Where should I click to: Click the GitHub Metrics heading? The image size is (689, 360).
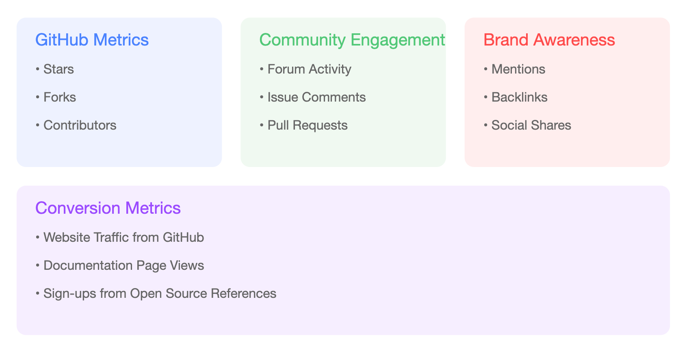click(x=92, y=40)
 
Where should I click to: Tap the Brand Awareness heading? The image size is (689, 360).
click(x=549, y=40)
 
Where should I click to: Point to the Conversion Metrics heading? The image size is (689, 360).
click(x=108, y=208)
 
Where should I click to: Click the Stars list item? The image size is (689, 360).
click(x=58, y=69)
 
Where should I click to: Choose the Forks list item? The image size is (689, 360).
click(x=60, y=97)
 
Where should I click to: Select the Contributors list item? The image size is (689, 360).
click(x=80, y=125)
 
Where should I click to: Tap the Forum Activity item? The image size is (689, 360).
click(x=310, y=69)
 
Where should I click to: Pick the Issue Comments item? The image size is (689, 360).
click(x=317, y=97)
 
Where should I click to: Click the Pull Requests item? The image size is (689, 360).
click(x=308, y=126)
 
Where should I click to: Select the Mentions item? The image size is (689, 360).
click(x=518, y=69)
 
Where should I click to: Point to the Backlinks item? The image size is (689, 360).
click(x=520, y=97)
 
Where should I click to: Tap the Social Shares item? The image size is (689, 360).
click(x=531, y=125)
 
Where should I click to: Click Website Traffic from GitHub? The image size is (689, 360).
click(x=123, y=238)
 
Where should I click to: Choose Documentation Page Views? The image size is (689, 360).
click(x=123, y=266)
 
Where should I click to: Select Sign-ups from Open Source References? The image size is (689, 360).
click(x=160, y=294)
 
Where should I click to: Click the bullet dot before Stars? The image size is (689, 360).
click(x=37, y=69)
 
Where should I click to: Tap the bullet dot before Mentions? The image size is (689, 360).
click(x=486, y=69)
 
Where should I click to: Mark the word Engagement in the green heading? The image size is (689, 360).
click(x=398, y=41)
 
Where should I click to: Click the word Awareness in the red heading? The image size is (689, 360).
click(x=574, y=40)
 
